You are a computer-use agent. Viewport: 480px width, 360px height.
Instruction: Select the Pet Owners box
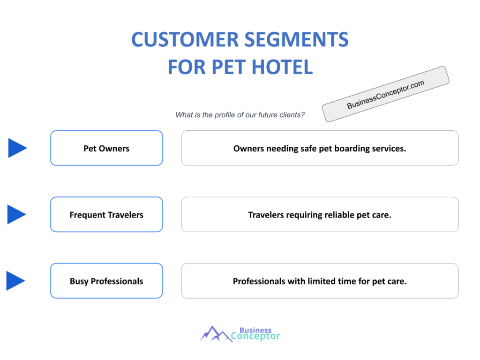coord(106,148)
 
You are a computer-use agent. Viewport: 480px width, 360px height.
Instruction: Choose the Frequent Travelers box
coord(106,215)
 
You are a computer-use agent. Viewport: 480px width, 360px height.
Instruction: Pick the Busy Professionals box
coord(106,281)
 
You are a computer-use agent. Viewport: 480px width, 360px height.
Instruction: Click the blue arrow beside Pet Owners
coord(17,148)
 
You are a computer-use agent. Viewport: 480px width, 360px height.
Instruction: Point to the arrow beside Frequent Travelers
coord(17,215)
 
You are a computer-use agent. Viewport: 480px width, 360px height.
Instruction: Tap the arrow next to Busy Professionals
coord(15,281)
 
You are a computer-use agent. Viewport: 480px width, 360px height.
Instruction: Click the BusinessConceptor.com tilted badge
coord(385,94)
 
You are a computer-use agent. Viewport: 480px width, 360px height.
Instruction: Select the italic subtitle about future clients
coord(240,115)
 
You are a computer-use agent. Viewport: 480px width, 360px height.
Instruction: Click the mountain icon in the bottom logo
coord(216,333)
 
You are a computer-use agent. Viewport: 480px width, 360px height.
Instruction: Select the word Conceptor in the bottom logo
coord(255,336)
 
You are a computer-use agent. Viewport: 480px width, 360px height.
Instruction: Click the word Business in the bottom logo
coord(255,330)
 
